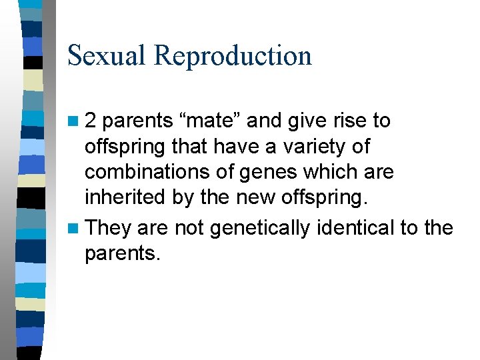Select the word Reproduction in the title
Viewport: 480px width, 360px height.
[233, 55]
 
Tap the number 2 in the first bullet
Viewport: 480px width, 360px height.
[91, 121]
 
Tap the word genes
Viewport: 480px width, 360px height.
[249, 171]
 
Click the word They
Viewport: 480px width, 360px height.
[109, 228]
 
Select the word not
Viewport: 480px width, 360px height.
[189, 228]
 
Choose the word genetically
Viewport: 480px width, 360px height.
[259, 228]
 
